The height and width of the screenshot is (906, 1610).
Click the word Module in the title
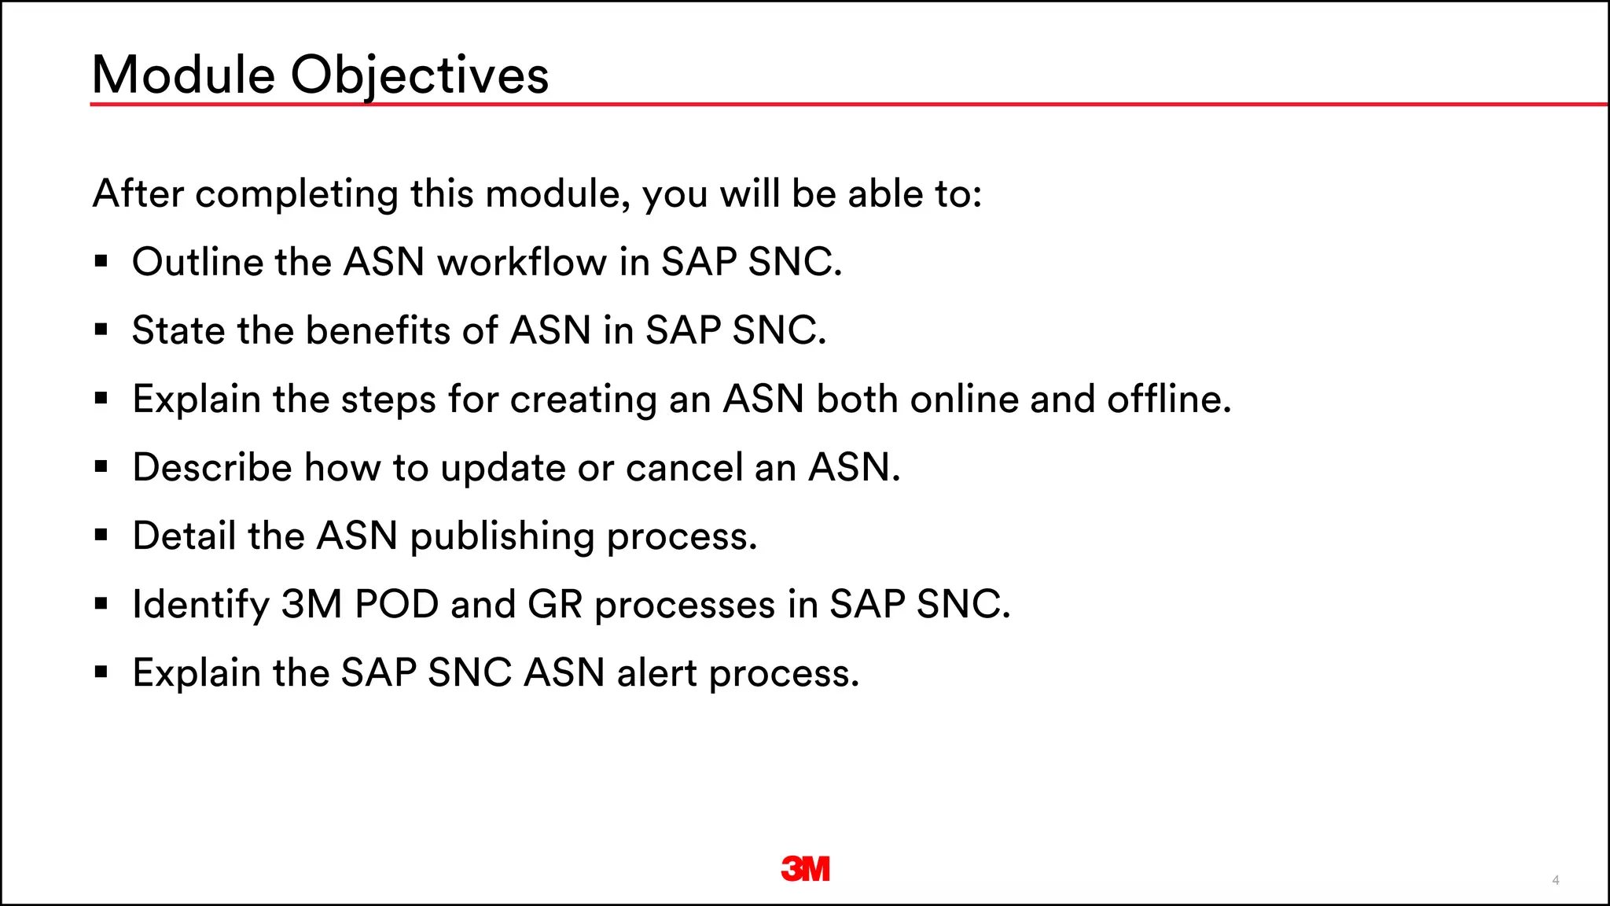(x=183, y=75)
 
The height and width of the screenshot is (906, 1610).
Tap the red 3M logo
(x=805, y=868)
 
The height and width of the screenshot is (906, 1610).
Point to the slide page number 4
(x=1555, y=880)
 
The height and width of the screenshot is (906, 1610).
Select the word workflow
(x=521, y=262)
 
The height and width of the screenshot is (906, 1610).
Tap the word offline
(x=1168, y=399)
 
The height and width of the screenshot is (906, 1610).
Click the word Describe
(x=212, y=467)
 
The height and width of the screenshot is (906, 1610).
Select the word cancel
(x=684, y=467)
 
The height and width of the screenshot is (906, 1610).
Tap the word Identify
(x=200, y=605)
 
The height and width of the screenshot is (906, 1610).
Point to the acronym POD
(x=396, y=604)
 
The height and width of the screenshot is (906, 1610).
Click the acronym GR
(x=555, y=604)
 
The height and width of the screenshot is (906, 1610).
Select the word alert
(x=656, y=673)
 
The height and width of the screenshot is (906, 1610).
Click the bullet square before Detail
(x=101, y=536)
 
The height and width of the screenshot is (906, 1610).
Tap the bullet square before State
(x=101, y=330)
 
